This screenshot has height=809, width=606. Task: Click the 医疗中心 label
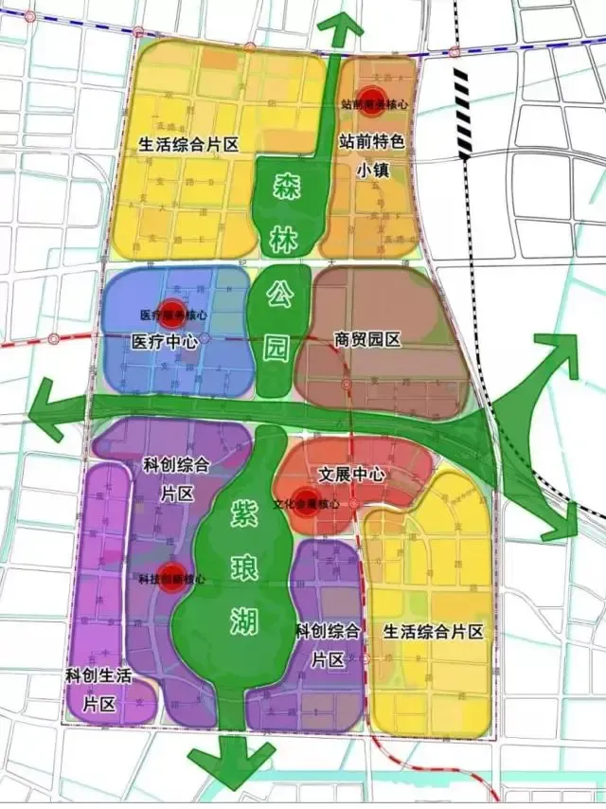pyautogui.click(x=164, y=341)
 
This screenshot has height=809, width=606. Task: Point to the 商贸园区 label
pyautogui.click(x=369, y=337)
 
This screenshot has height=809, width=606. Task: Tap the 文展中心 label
pyautogui.click(x=351, y=474)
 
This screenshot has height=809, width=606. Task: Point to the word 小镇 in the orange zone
pyautogui.click(x=373, y=171)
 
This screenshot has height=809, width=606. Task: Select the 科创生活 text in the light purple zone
pyautogui.click(x=98, y=675)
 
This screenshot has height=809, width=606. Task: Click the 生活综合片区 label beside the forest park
pyautogui.click(x=187, y=144)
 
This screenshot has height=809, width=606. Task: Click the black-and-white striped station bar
pyautogui.click(x=463, y=113)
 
